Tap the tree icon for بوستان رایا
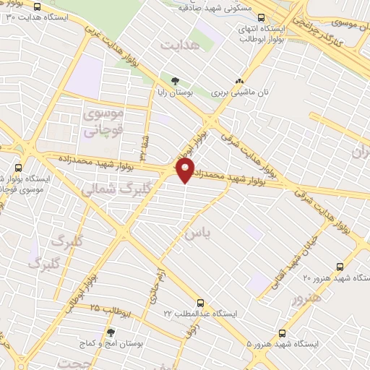[x=174, y=80]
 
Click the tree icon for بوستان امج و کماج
[x=111, y=332]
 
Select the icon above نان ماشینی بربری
[x=240, y=81]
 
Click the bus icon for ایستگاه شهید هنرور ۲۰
[x=340, y=264]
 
